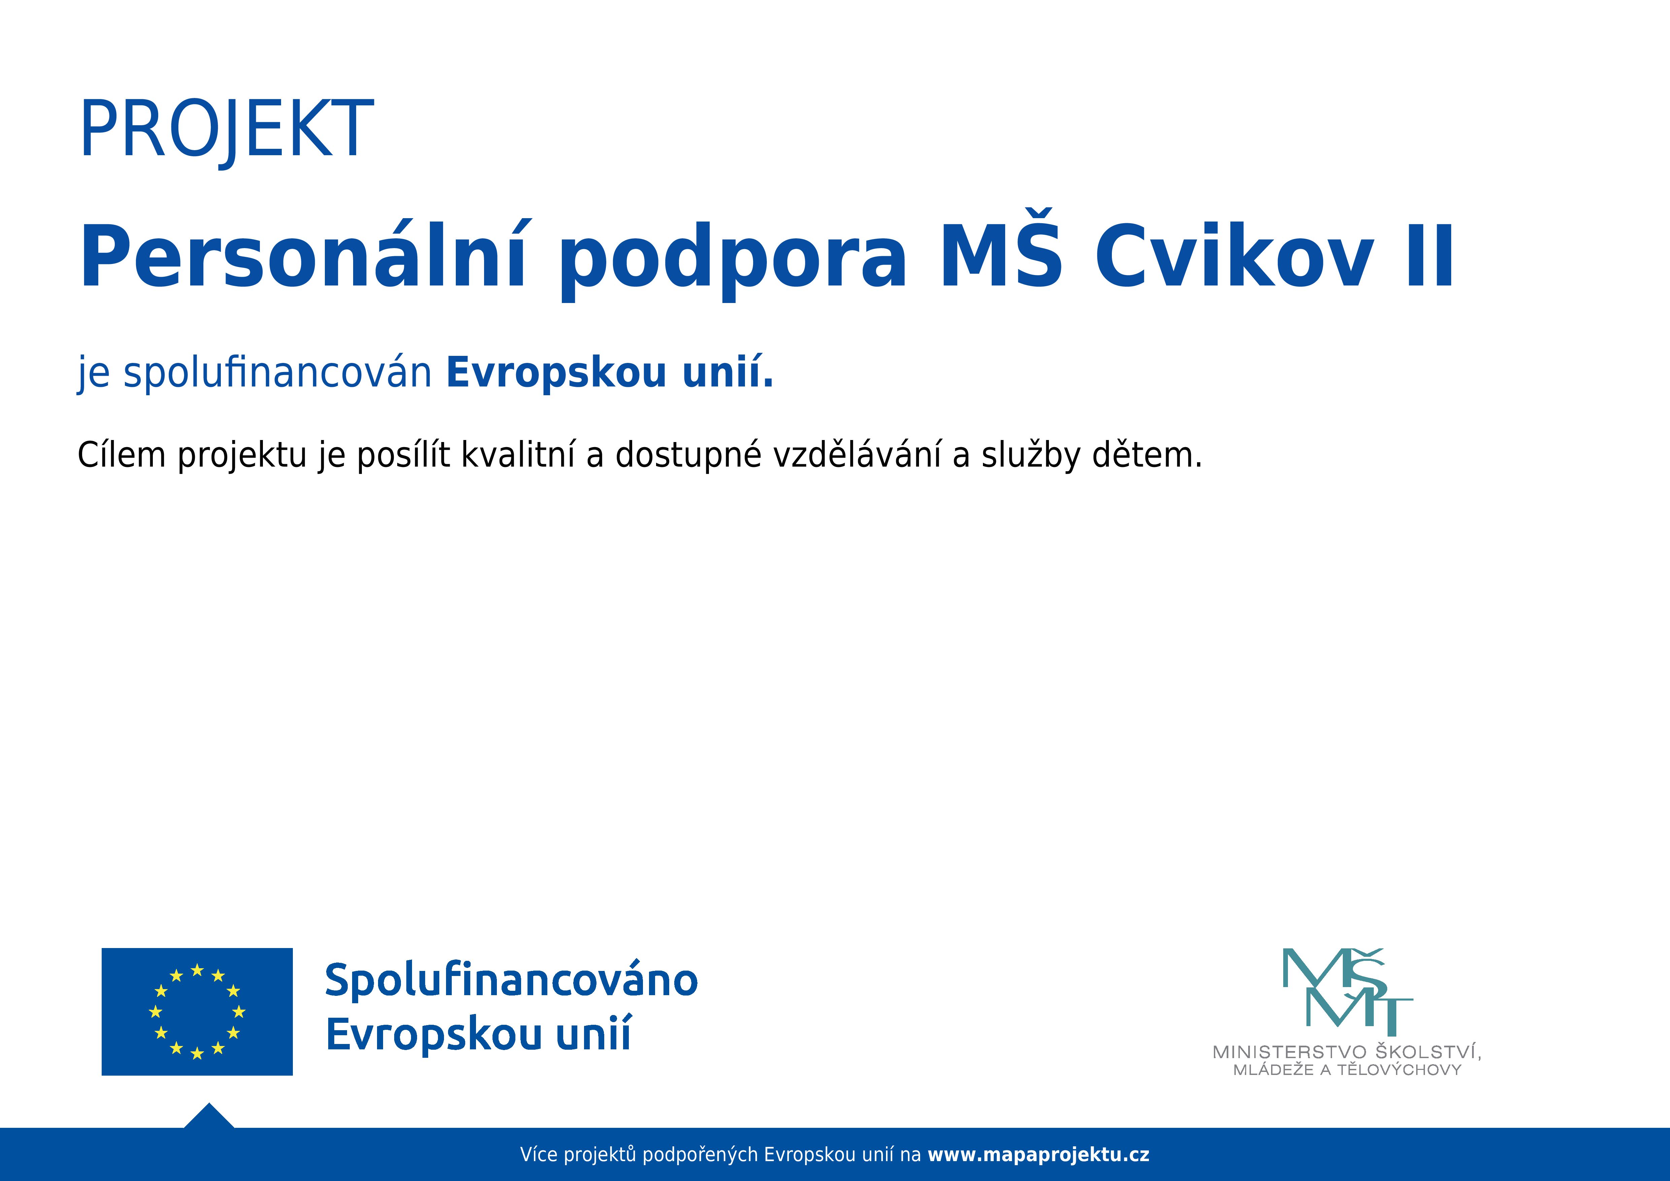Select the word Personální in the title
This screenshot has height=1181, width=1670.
302,258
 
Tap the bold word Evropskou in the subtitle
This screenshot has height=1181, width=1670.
556,373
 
